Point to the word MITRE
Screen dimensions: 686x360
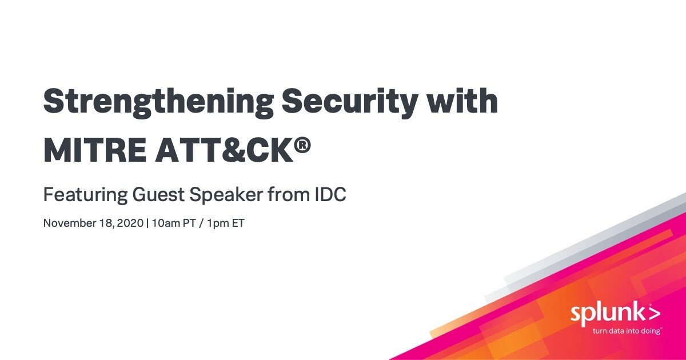[x=95, y=150]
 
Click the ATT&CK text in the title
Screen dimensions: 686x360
[x=225, y=150]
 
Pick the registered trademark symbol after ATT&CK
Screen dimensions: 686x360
[x=304, y=145]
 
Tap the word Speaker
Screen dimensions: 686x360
[x=226, y=195]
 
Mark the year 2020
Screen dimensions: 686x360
[x=130, y=223]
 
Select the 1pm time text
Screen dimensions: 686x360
[x=217, y=224]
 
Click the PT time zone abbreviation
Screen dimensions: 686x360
[x=189, y=223]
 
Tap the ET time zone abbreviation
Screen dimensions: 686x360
[x=238, y=223]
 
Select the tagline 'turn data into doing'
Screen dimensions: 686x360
[x=627, y=331]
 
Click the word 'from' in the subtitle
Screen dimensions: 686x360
[x=289, y=194]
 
